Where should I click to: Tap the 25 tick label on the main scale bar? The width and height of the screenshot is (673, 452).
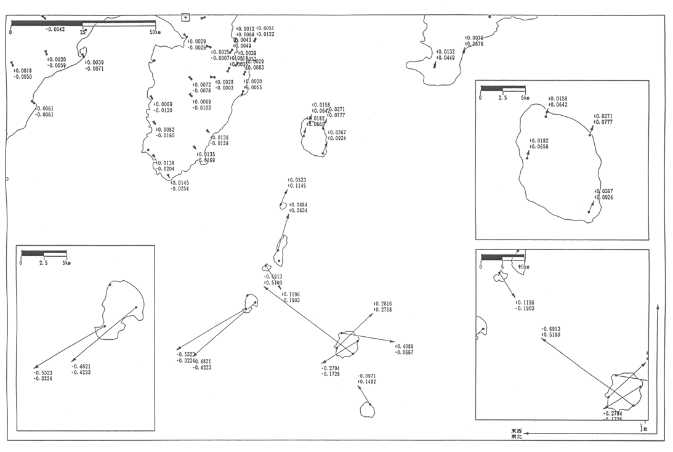pos(83,31)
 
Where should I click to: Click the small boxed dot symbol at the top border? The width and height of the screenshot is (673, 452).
pos(185,17)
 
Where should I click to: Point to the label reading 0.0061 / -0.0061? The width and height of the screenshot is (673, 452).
pos(44,111)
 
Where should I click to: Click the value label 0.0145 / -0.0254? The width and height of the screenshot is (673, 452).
pos(180,186)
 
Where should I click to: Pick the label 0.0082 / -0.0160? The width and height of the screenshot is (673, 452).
pos(166,132)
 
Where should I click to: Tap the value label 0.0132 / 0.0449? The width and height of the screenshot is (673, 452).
pos(445,55)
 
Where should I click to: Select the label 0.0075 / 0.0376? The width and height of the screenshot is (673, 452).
pos(474,41)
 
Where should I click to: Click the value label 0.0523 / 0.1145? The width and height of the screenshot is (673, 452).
pos(297,183)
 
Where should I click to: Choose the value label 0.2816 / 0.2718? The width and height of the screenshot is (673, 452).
pos(382,307)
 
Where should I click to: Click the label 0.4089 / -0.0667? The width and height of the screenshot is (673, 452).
pos(404,349)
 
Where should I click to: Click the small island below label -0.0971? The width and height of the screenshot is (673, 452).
pos(367,410)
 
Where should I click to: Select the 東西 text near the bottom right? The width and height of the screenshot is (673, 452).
pos(516,430)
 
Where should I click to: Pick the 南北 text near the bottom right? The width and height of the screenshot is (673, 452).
pos(516,437)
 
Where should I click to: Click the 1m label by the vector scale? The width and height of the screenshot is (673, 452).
pos(643,427)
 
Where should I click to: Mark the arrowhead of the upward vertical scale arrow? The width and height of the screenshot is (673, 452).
pos(658,306)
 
